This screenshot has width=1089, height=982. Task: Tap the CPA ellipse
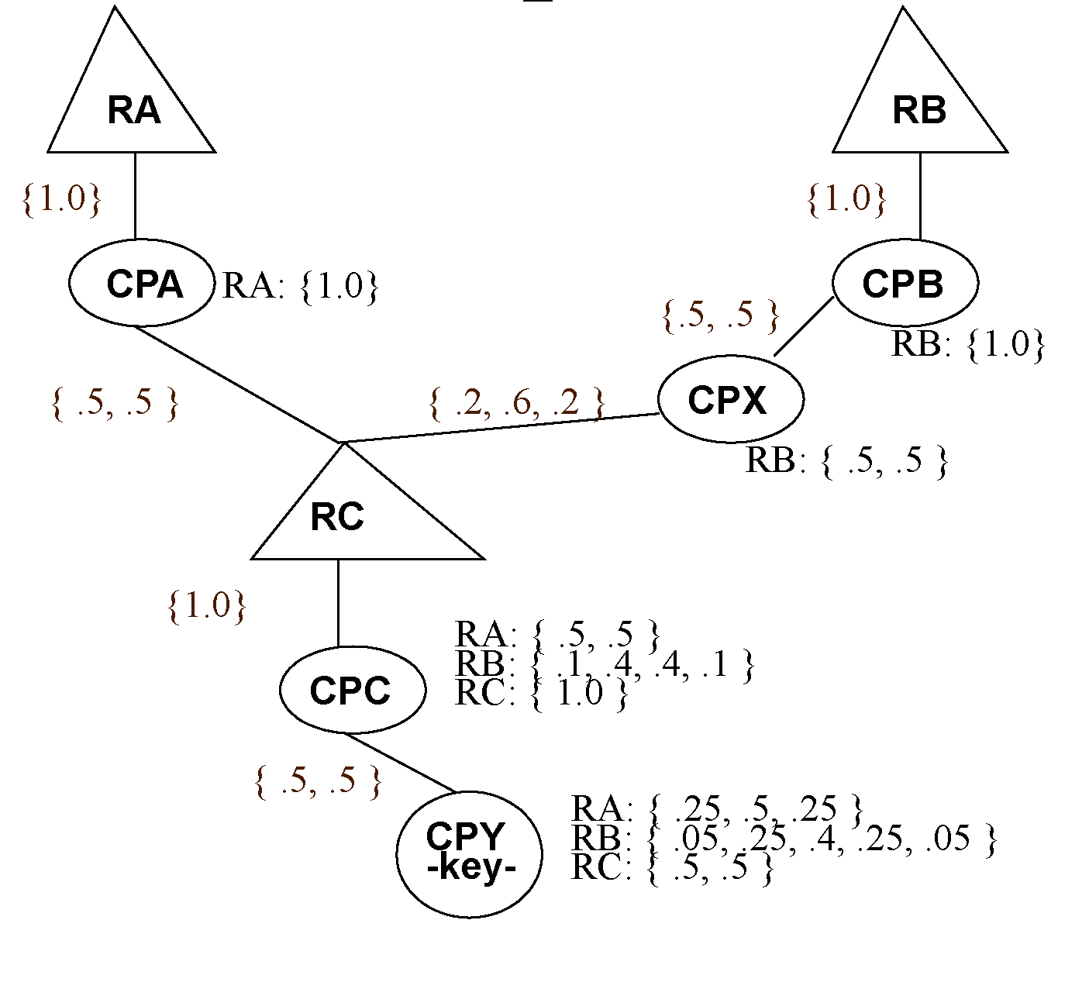[x=142, y=284]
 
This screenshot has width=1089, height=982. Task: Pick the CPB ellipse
[x=905, y=284]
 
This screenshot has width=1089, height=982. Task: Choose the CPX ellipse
[x=730, y=400]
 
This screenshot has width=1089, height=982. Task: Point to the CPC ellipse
[x=352, y=690]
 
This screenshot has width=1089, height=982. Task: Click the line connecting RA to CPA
[x=136, y=195]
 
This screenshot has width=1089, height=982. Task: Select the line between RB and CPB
[x=920, y=195]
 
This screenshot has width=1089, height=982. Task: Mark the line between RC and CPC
[x=338, y=602]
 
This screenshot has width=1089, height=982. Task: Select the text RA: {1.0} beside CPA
[x=300, y=286]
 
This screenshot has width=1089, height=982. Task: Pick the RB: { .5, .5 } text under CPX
[x=846, y=460]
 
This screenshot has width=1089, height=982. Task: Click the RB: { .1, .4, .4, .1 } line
[x=604, y=664]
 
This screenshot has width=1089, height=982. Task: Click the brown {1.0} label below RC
[x=207, y=605]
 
